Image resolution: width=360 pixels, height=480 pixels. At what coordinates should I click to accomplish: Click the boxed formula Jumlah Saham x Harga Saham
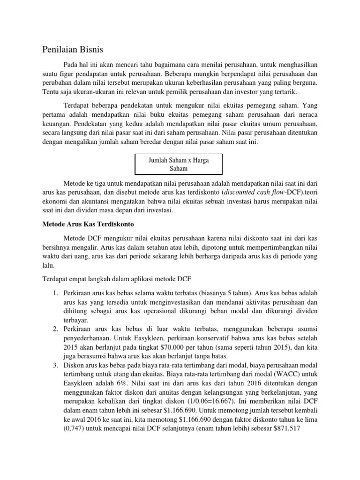click(x=179, y=164)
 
